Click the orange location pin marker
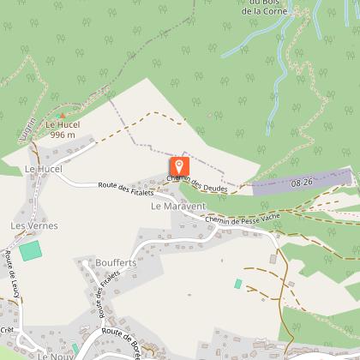[179, 166]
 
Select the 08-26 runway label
[302, 183]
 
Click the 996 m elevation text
[63, 135]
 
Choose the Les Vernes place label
[27, 225]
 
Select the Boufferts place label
[105, 263]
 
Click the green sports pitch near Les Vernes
[31, 251]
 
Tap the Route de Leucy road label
[13, 275]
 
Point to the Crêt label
[8, 329]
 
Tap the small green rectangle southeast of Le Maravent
[238, 283]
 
